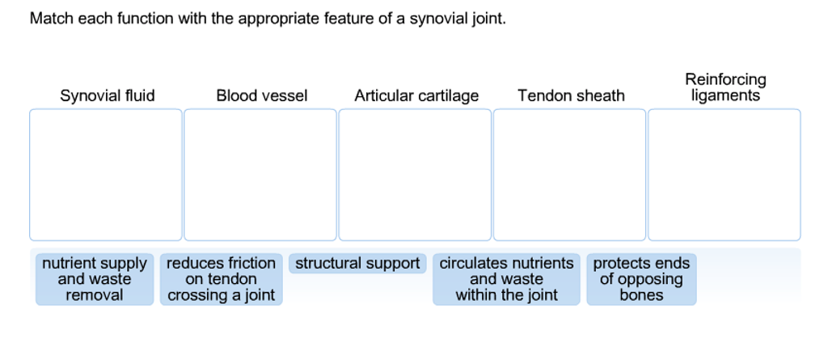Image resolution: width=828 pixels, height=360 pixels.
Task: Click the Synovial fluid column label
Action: click(x=108, y=96)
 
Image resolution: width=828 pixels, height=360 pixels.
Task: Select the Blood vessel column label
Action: click(x=262, y=96)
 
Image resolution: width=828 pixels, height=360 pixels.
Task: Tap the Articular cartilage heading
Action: click(x=416, y=96)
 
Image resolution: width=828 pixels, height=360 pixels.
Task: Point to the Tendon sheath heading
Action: click(x=571, y=96)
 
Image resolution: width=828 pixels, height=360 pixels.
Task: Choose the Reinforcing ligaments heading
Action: click(x=725, y=88)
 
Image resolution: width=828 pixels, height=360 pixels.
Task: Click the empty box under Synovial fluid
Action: click(x=106, y=175)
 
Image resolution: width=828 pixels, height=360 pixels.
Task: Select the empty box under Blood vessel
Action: click(x=260, y=175)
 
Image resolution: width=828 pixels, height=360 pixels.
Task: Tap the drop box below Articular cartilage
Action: click(x=415, y=175)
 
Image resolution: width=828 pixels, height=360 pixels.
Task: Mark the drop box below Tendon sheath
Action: click(x=569, y=175)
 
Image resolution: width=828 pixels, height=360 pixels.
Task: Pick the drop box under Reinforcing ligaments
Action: click(x=724, y=175)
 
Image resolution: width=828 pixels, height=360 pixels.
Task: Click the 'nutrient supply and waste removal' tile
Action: click(x=95, y=279)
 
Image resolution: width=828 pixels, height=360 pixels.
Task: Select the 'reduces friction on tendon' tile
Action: click(x=222, y=279)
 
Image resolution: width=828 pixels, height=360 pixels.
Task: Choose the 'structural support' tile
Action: click(x=357, y=264)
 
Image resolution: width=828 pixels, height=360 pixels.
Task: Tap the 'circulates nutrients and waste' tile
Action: click(x=506, y=279)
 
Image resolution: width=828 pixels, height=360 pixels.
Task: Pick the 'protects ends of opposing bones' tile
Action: click(x=641, y=279)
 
